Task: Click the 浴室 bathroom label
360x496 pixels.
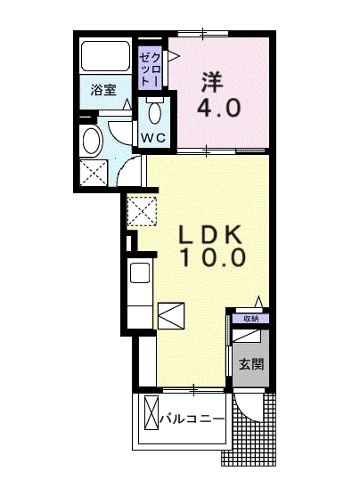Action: click(x=103, y=90)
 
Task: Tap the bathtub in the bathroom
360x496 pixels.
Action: click(x=105, y=57)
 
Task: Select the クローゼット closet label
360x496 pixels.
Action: click(x=150, y=69)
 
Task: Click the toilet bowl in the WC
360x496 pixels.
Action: click(x=154, y=112)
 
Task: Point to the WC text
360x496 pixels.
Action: click(x=153, y=138)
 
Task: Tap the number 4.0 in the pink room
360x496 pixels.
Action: click(x=219, y=108)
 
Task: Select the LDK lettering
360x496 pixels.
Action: click(x=211, y=234)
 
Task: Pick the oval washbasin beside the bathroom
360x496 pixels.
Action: click(x=93, y=141)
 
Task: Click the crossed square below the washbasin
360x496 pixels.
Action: click(x=94, y=173)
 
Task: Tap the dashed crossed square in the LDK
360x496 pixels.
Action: click(x=142, y=211)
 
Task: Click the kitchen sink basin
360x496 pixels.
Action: click(x=140, y=273)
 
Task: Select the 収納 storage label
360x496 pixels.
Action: click(x=250, y=319)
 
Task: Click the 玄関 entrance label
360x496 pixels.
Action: click(x=251, y=364)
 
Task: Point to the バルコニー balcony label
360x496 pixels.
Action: click(x=192, y=419)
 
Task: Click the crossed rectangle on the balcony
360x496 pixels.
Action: click(x=151, y=412)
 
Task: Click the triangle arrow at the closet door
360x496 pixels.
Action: click(x=174, y=56)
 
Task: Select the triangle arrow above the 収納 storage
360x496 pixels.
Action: click(x=259, y=301)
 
